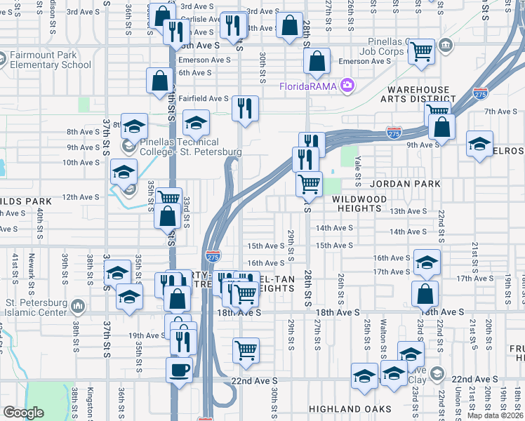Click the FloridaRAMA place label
(x=309, y=86)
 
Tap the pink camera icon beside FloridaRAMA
(x=346, y=86)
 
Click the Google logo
(x=23, y=413)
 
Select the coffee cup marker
(x=179, y=369)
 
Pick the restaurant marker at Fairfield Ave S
(x=245, y=108)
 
